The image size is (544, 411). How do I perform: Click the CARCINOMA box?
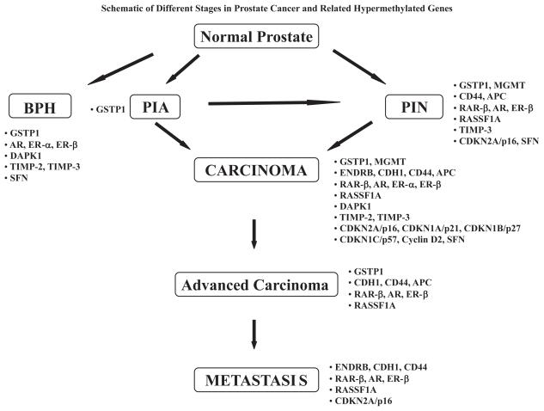coord(257,170)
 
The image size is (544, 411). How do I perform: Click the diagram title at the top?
coord(271,7)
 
